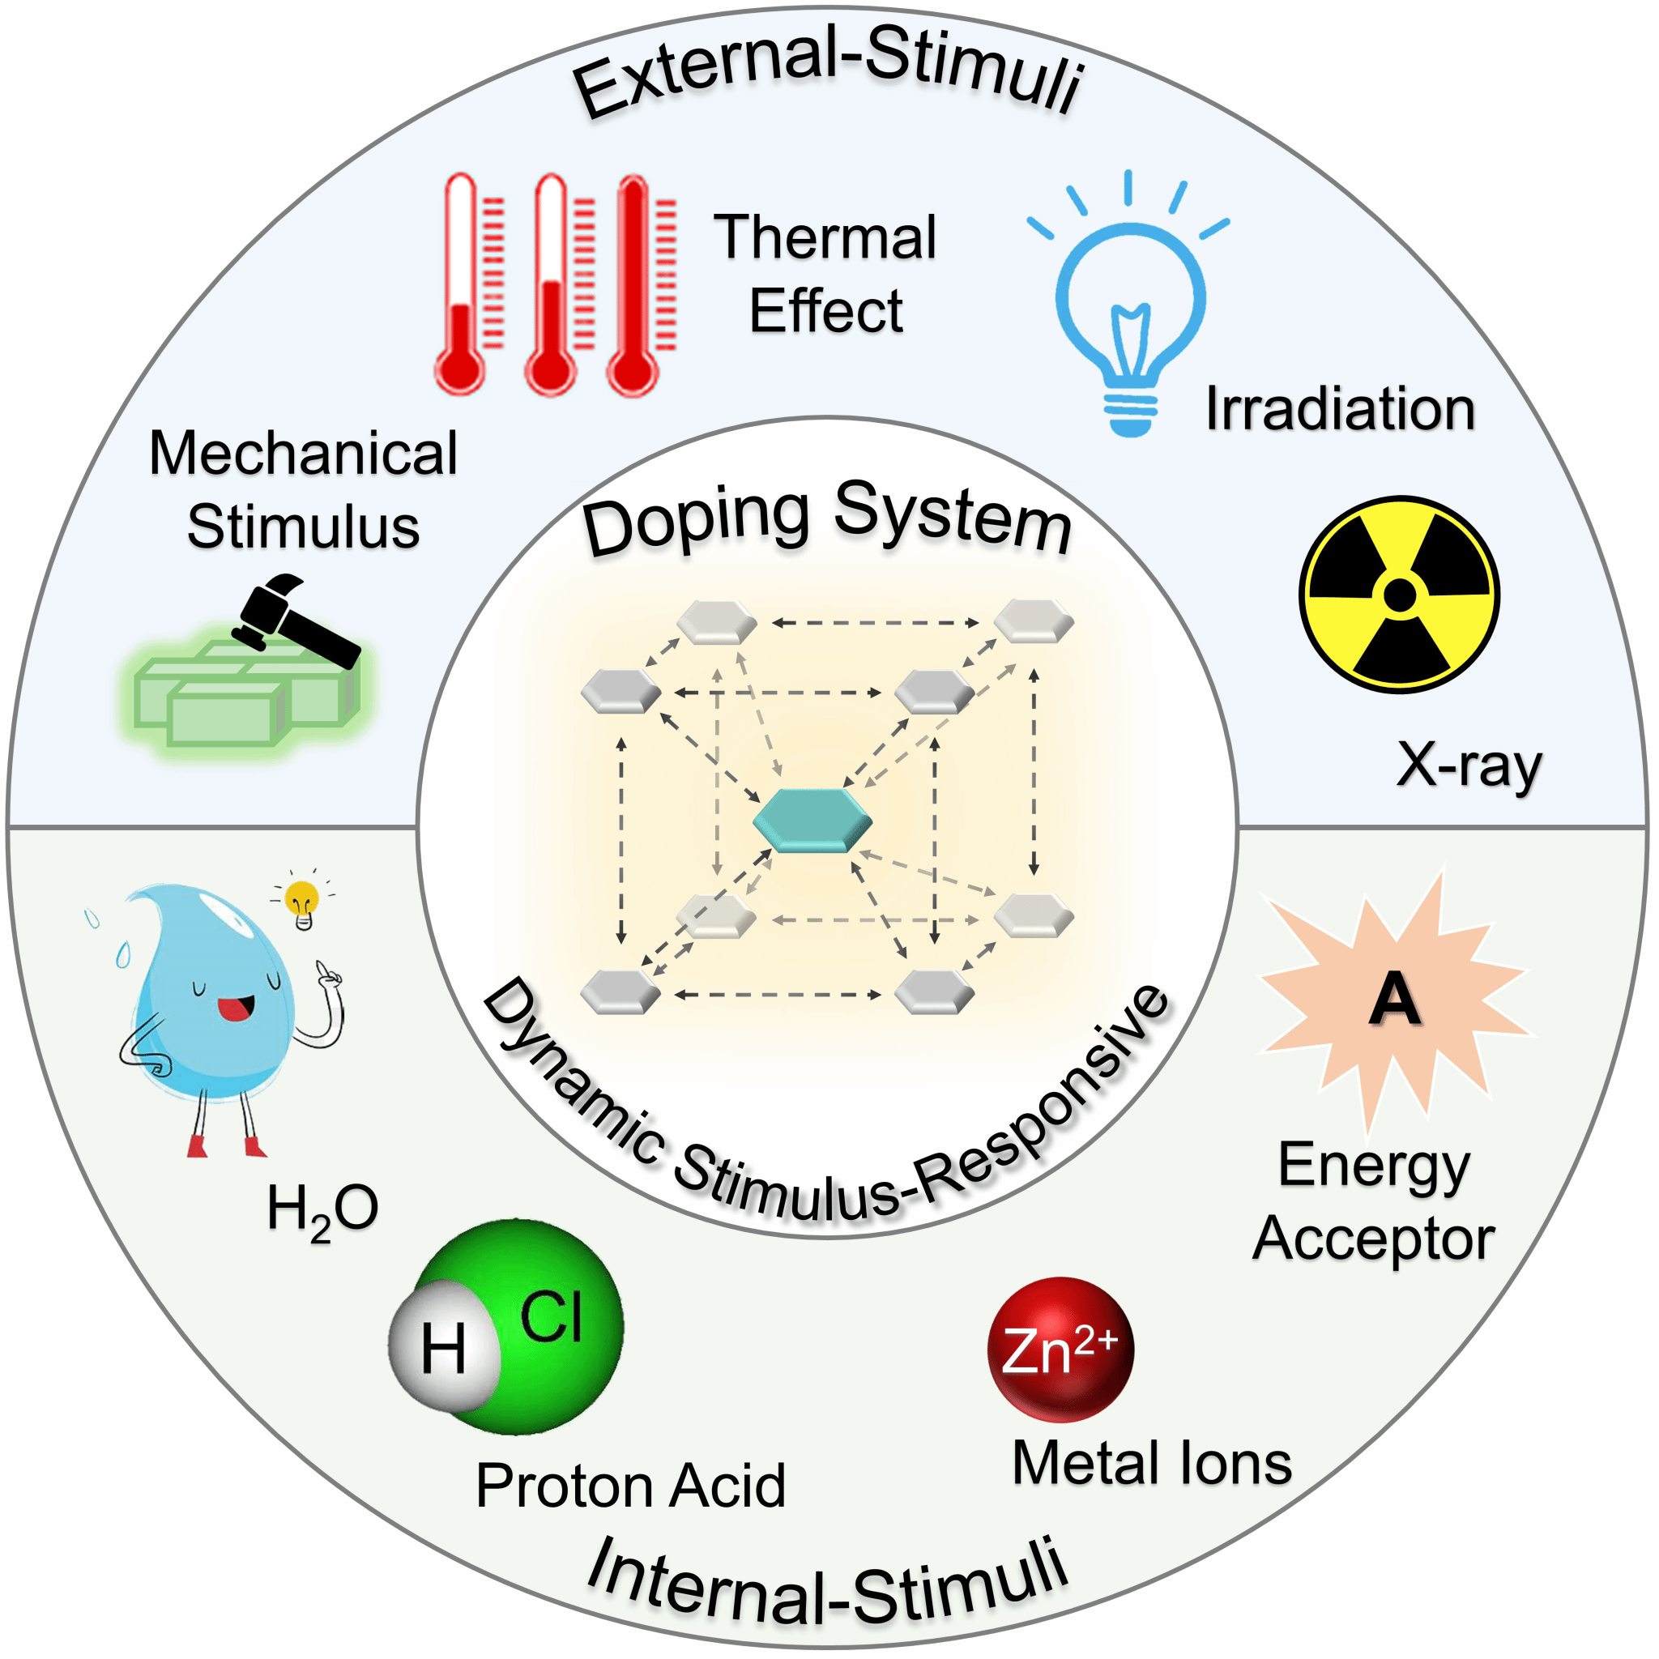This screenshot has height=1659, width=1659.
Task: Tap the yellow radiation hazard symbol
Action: (1399, 595)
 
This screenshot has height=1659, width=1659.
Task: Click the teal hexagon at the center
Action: (812, 820)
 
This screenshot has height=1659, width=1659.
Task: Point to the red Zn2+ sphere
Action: (1060, 1349)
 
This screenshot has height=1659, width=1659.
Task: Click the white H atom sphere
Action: (444, 1346)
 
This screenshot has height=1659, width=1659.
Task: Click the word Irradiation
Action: (1340, 409)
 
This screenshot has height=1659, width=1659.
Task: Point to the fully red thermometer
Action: (633, 284)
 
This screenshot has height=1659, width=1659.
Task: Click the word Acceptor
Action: (1374, 1239)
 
